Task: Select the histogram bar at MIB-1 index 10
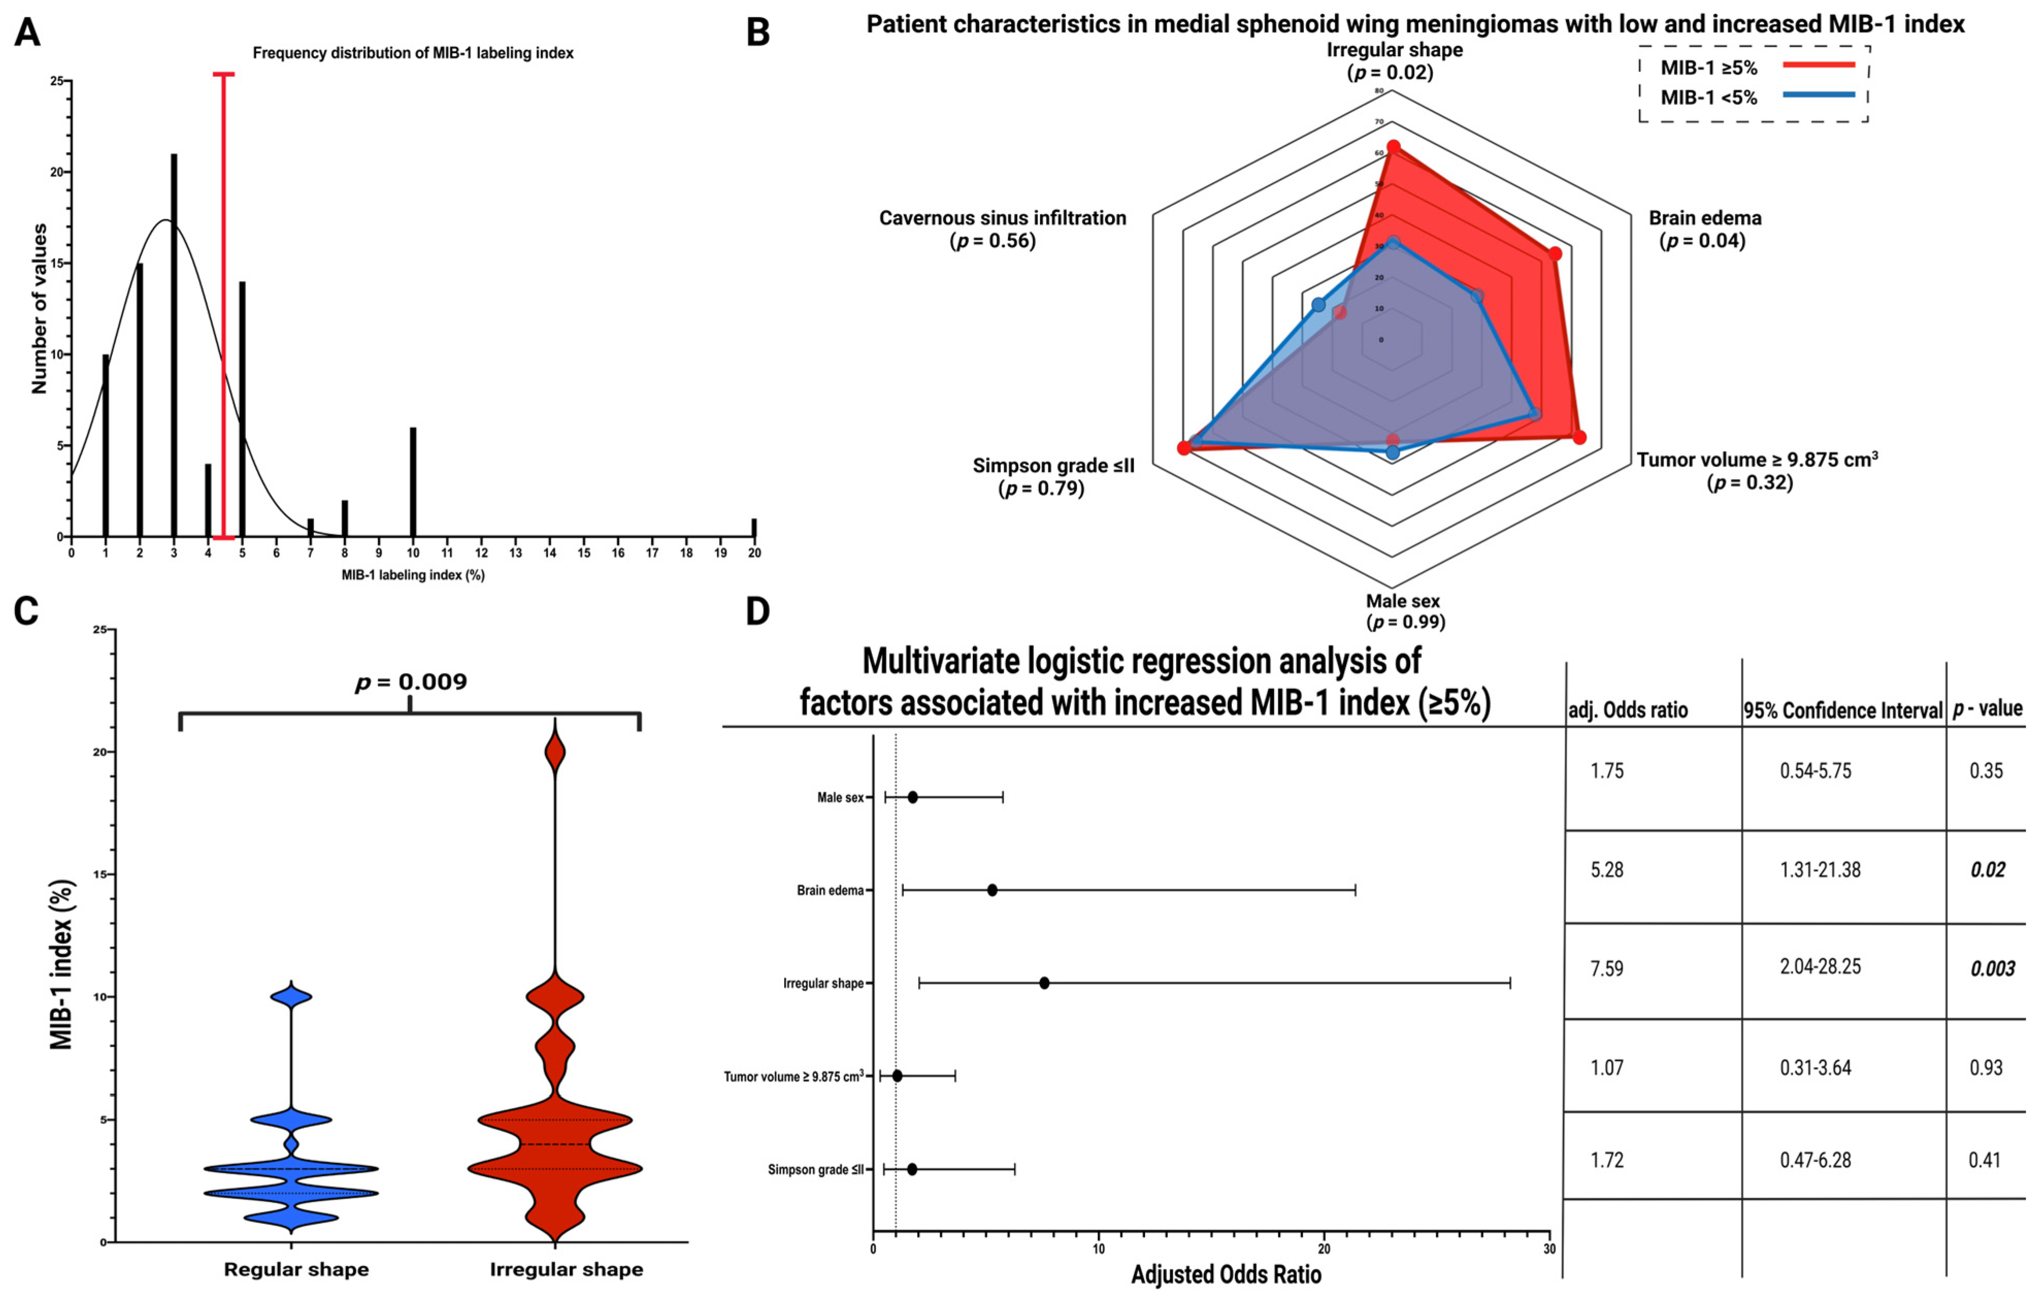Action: [413, 482]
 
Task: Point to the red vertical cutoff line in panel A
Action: [224, 304]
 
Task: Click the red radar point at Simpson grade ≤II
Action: [1184, 448]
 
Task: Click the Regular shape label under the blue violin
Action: [296, 1269]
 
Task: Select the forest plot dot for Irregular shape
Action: [1045, 982]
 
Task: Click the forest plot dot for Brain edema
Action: [992, 890]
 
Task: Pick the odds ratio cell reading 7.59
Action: [1607, 968]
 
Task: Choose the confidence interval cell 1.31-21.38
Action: [1821, 870]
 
